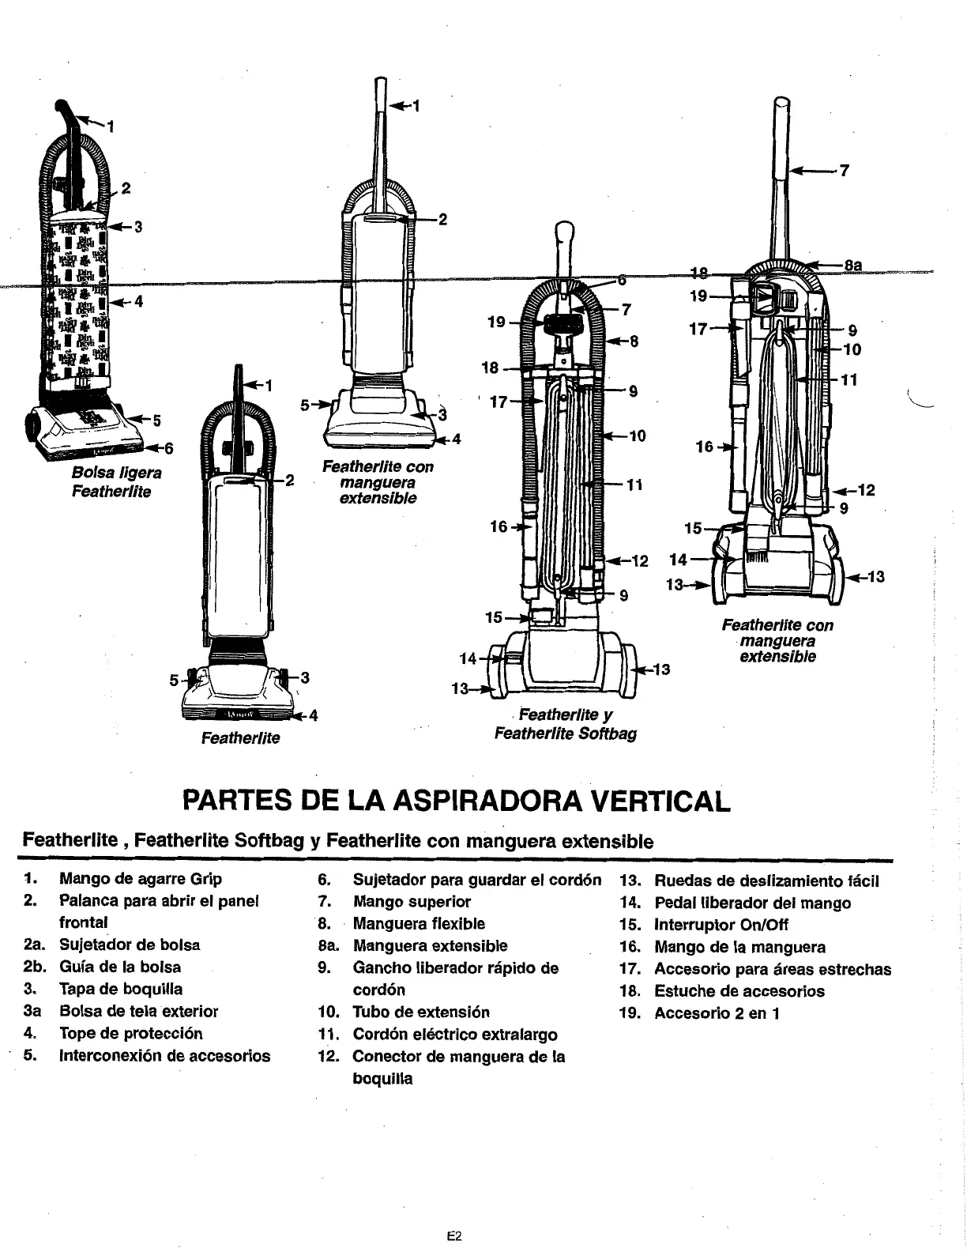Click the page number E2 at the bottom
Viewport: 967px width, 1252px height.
[453, 1215]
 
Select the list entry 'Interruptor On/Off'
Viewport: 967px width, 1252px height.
[721, 924]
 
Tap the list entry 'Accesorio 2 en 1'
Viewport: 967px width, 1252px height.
[717, 1013]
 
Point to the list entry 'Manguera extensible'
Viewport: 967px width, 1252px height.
[430, 945]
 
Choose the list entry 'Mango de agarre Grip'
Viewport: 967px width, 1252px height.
[141, 879]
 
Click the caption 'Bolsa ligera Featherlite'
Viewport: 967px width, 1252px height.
[116, 482]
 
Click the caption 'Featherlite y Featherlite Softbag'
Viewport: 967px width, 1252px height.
[565, 724]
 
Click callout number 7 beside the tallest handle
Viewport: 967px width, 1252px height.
[844, 170]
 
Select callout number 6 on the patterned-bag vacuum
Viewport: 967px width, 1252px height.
[168, 448]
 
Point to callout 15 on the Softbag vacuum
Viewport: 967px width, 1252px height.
[494, 617]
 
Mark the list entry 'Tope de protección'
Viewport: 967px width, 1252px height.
[131, 1033]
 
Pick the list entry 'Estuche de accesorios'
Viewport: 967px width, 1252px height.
[739, 990]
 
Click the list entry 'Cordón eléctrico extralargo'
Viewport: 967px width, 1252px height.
[454, 1034]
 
